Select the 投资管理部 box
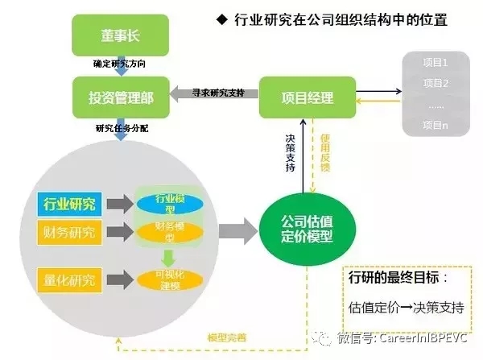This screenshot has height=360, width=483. point(120,98)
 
